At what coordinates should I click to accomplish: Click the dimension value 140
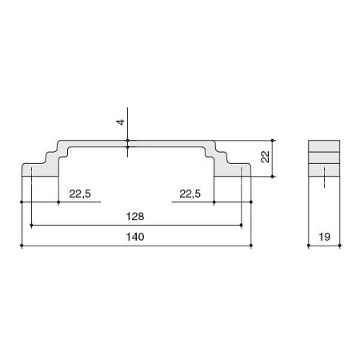(x=135, y=237)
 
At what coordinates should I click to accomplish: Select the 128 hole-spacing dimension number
(x=135, y=217)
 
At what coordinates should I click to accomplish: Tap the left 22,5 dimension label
(x=80, y=194)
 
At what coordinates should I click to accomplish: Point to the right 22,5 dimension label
(x=190, y=194)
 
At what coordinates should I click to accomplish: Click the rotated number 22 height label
(x=266, y=157)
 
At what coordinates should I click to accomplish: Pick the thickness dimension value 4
(x=121, y=122)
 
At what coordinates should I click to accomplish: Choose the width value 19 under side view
(x=324, y=237)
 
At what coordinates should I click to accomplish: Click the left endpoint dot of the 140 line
(x=22, y=246)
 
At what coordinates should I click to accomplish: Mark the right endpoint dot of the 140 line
(x=251, y=246)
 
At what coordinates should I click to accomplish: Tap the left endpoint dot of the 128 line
(x=31, y=226)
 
